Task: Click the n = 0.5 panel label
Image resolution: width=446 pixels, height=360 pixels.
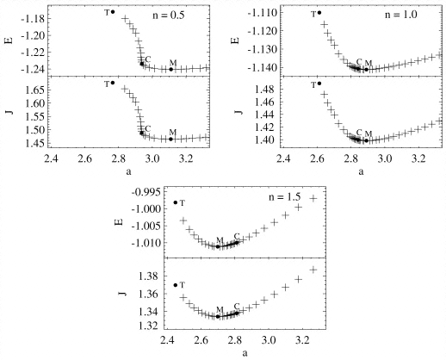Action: [x=169, y=15]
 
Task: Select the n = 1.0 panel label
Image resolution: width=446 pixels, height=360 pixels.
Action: [x=400, y=15]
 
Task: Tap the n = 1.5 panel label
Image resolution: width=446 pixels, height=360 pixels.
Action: [x=285, y=197]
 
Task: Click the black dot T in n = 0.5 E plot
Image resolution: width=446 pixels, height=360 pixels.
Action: [x=113, y=12]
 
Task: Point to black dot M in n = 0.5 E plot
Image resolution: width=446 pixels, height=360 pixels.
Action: [x=171, y=69]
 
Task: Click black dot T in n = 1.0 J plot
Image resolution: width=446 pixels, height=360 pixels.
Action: [x=319, y=84]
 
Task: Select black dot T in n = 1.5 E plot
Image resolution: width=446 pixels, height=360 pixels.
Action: [x=176, y=202]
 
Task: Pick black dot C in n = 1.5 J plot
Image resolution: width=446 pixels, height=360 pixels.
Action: [x=237, y=313]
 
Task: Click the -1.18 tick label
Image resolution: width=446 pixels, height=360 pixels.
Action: [x=32, y=19]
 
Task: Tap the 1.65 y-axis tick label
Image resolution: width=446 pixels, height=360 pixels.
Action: [x=34, y=90]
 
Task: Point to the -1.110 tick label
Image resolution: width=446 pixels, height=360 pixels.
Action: [x=261, y=13]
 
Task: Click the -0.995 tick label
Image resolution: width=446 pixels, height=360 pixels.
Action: [x=145, y=191]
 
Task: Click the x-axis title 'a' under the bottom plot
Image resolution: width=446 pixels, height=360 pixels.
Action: [x=245, y=352]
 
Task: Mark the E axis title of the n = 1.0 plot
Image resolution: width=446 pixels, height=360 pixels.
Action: [x=236, y=40]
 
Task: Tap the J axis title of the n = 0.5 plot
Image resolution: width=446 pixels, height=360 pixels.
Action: [x=10, y=111]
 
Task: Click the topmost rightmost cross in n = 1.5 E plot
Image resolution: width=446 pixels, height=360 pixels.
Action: [x=313, y=198]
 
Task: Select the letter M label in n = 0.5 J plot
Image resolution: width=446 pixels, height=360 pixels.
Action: [x=172, y=132]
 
